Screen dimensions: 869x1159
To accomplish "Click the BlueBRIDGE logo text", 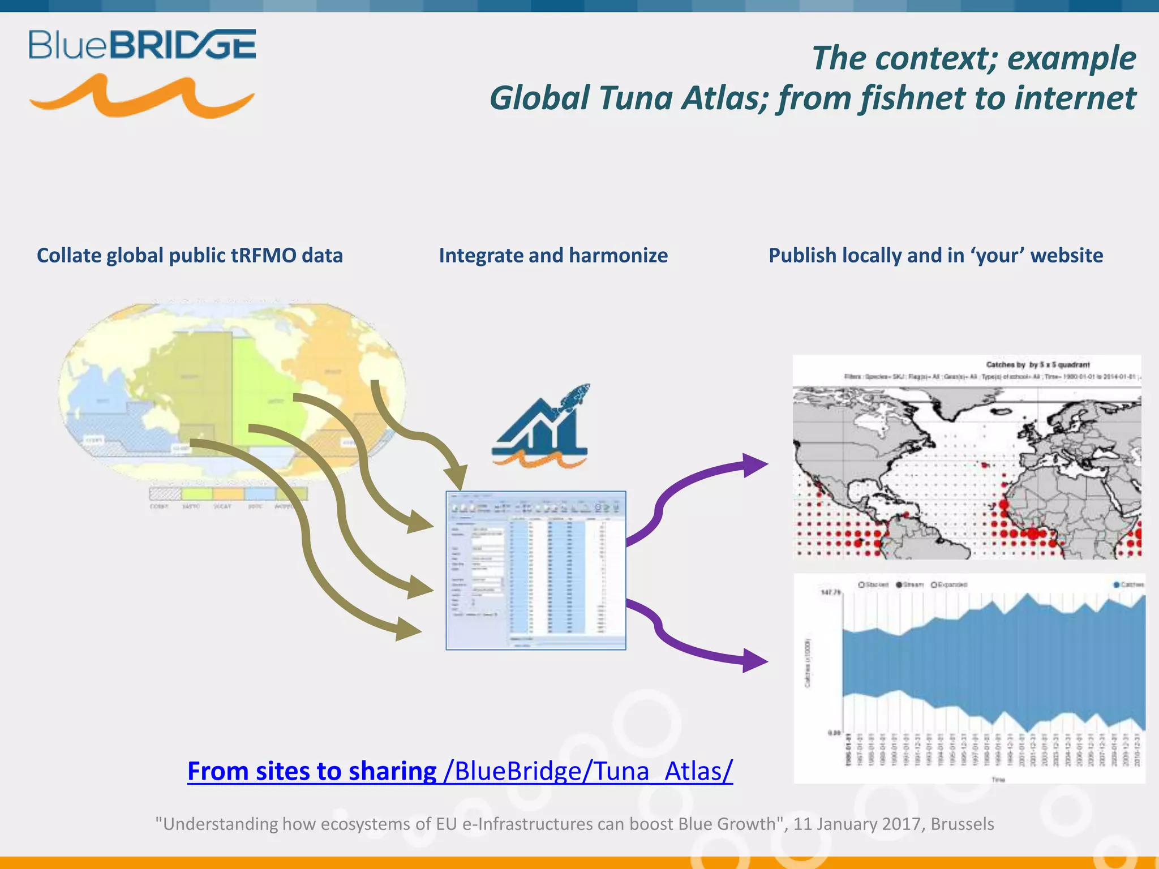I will point(143,45).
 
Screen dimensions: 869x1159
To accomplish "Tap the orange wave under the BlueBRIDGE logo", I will point(141,97).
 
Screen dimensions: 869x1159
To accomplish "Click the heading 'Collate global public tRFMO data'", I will point(190,256).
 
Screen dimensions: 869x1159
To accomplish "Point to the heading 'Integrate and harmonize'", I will point(553,256).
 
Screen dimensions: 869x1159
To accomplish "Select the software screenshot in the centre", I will point(535,570).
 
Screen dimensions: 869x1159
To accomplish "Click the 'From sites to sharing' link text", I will point(312,771).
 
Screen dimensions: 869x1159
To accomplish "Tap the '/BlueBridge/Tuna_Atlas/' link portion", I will point(589,771).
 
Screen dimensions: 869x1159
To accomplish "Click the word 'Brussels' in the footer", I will point(962,824).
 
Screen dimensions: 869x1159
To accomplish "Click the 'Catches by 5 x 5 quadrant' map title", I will point(1037,365).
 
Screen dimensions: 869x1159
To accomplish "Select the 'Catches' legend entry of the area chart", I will point(1128,584).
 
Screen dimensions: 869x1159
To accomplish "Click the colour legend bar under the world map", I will point(228,494).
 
